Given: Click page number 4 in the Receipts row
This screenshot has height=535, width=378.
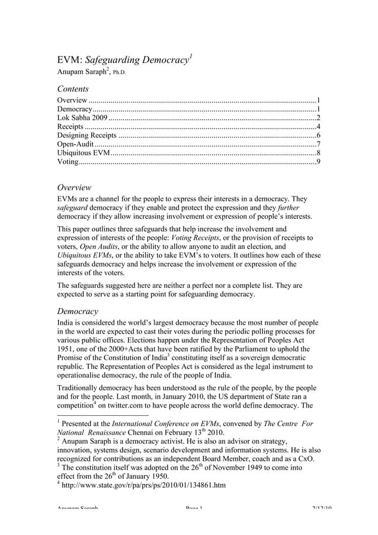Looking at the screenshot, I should click(319, 126).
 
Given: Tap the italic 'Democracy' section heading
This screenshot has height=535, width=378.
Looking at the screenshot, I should click(78, 310).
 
